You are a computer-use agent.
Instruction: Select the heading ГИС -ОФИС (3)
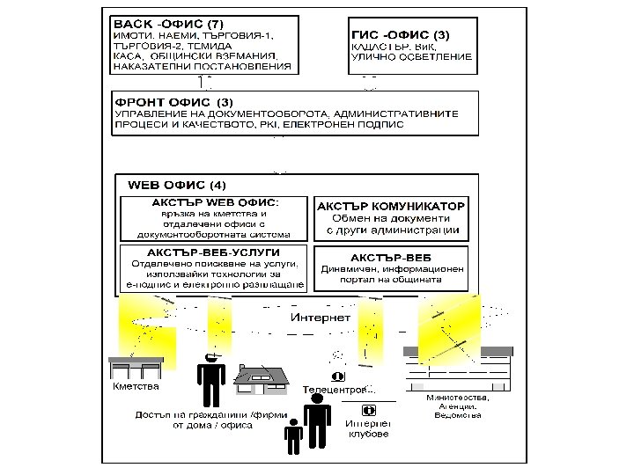tap(400, 34)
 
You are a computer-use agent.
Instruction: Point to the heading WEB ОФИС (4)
tap(177, 186)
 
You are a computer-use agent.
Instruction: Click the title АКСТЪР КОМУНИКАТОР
tap(391, 205)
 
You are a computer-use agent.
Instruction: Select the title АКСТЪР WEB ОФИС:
tap(215, 202)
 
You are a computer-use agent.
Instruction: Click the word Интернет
tap(321, 317)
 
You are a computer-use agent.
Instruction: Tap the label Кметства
tap(136, 386)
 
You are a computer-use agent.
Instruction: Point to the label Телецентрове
tap(338, 388)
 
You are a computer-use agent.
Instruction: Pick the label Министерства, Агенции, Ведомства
tap(458, 406)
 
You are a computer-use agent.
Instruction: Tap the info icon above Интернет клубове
tap(368, 410)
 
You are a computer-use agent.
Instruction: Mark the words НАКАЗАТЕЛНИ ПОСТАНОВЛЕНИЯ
tap(201, 65)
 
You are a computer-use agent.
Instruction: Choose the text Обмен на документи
tap(390, 218)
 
